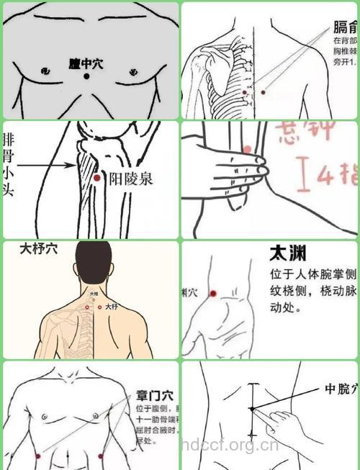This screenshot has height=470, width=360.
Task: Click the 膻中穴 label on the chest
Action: click(86, 64)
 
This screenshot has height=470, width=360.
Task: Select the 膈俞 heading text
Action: click(344, 28)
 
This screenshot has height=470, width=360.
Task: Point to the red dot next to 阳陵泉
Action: click(96, 177)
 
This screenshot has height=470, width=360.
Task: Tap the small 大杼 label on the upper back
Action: click(111, 307)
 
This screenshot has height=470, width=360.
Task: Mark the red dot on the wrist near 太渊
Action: click(213, 293)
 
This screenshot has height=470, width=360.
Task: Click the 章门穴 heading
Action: click(153, 395)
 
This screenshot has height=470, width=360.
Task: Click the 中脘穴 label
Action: click(339, 389)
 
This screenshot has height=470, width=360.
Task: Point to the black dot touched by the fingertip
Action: click(252, 409)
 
